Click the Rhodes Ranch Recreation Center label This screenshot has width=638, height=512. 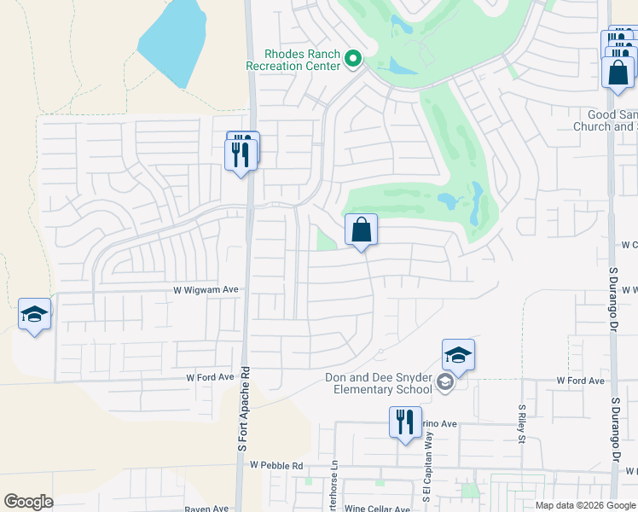tap(293, 59)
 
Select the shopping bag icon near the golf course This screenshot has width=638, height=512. tap(361, 230)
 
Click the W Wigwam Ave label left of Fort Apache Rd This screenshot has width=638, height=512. tap(206, 290)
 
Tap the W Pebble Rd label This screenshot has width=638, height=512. tap(276, 466)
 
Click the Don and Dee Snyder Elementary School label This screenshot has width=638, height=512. tap(379, 384)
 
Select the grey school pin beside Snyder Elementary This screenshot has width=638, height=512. tap(444, 383)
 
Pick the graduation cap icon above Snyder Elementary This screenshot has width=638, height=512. tap(458, 356)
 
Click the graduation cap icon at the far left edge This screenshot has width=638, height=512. tap(34, 315)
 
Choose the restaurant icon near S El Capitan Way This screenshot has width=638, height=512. tap(405, 422)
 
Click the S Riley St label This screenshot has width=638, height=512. tap(521, 424)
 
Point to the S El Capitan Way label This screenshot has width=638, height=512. tap(425, 478)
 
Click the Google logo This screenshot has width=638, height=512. tap(28, 502)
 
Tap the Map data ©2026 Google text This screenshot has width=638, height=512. tap(584, 505)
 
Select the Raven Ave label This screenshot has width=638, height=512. tap(208, 509)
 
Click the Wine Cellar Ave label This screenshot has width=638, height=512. tap(378, 509)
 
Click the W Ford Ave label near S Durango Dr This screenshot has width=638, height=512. tap(580, 381)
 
